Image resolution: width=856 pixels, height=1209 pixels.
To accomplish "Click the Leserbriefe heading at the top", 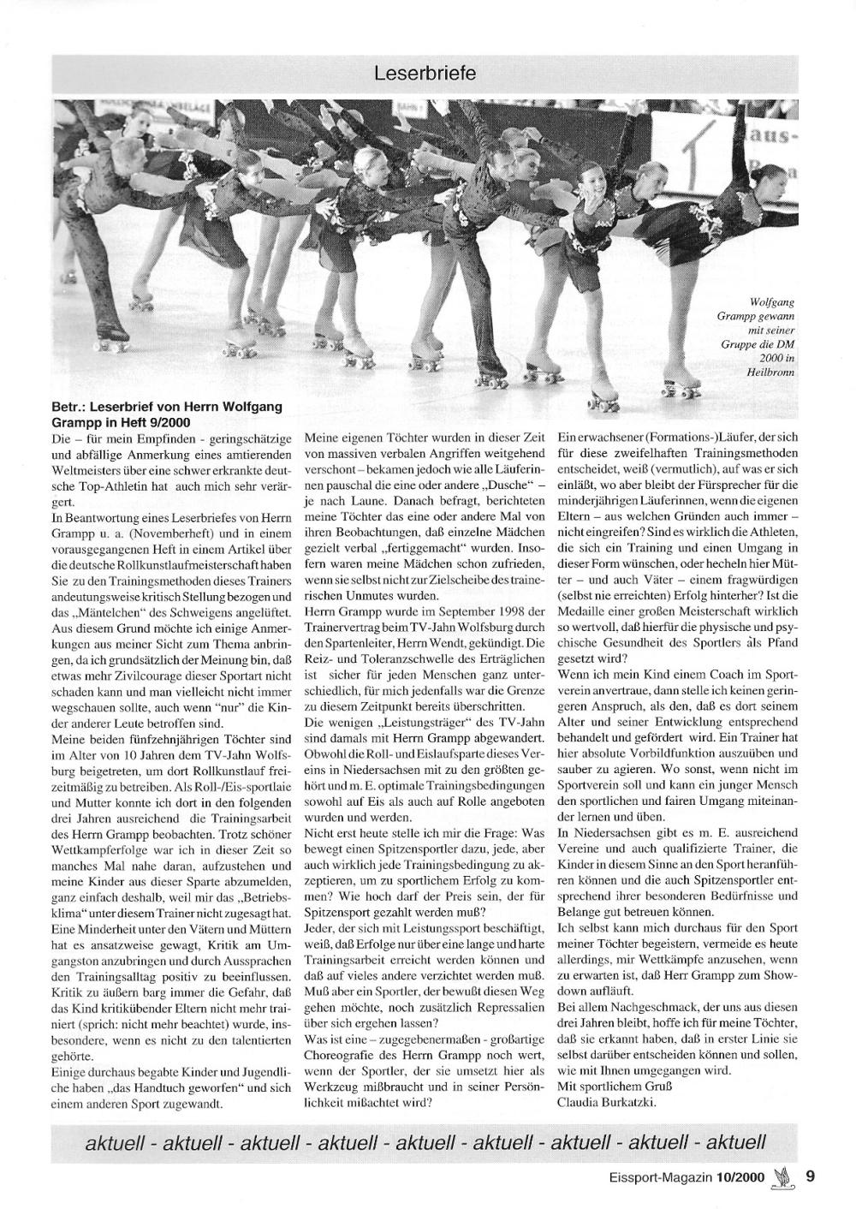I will click(425, 74).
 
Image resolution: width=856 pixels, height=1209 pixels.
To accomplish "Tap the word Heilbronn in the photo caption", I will click(770, 372).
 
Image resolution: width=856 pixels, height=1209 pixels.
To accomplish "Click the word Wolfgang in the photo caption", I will click(772, 303).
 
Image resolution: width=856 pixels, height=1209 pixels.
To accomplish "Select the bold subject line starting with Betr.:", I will click(167, 414).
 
